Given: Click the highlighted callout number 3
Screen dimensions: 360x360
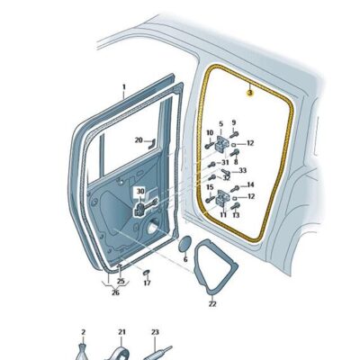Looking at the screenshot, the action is point(249,94).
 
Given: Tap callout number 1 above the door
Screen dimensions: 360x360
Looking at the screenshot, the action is point(124,87).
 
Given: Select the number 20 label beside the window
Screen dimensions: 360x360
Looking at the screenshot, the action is point(139,139).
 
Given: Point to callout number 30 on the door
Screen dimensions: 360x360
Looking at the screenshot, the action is point(140,191).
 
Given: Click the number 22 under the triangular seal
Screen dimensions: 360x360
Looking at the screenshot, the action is point(212,304).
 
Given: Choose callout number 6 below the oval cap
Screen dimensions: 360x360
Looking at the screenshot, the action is point(185,259).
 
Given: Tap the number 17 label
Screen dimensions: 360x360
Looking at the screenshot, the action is point(147,283).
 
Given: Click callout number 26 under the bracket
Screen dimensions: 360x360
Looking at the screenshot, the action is point(115,292).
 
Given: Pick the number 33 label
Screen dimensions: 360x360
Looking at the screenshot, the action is point(242,170).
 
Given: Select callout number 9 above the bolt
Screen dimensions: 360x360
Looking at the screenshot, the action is point(234,122).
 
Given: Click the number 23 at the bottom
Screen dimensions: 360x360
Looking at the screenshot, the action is point(155,332).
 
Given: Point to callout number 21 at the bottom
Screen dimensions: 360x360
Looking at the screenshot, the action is point(121,332).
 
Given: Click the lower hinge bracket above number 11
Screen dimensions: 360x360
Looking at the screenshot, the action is point(222,197).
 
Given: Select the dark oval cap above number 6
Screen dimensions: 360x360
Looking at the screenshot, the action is point(184,244).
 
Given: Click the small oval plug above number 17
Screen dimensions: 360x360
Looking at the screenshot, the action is point(147,273).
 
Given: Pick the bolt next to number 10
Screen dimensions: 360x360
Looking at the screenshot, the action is point(209,146).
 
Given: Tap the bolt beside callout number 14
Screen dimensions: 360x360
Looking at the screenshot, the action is point(235,189).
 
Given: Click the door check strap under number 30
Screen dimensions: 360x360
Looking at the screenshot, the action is point(145,207).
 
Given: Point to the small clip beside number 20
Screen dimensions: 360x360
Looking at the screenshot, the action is point(151,144).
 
